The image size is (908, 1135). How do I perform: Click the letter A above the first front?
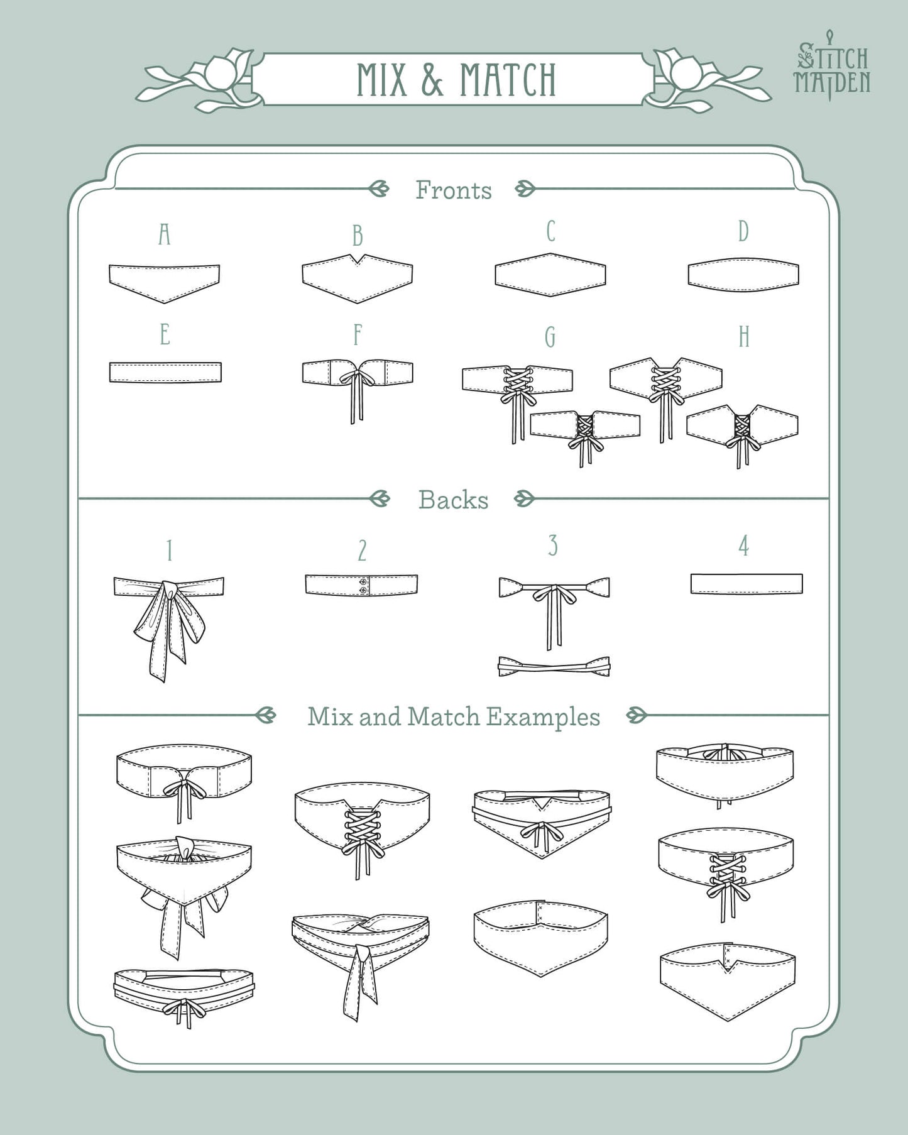(x=165, y=234)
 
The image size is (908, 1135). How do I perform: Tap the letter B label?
(x=358, y=236)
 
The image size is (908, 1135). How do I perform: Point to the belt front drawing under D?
(x=743, y=275)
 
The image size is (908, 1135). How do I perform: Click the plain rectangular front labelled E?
(x=165, y=372)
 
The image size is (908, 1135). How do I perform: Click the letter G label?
(x=550, y=337)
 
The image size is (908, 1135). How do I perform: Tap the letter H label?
(x=744, y=337)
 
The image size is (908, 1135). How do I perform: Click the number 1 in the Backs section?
(x=169, y=551)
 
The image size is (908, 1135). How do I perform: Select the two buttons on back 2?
(x=363, y=586)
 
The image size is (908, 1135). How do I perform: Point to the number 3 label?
(x=553, y=546)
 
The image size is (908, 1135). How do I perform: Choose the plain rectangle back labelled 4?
(x=747, y=583)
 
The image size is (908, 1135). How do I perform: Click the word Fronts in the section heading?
(x=454, y=190)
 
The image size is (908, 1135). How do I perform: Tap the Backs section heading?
(x=454, y=500)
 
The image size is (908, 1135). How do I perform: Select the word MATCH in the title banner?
(x=508, y=80)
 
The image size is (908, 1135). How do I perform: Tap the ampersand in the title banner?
(x=432, y=80)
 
